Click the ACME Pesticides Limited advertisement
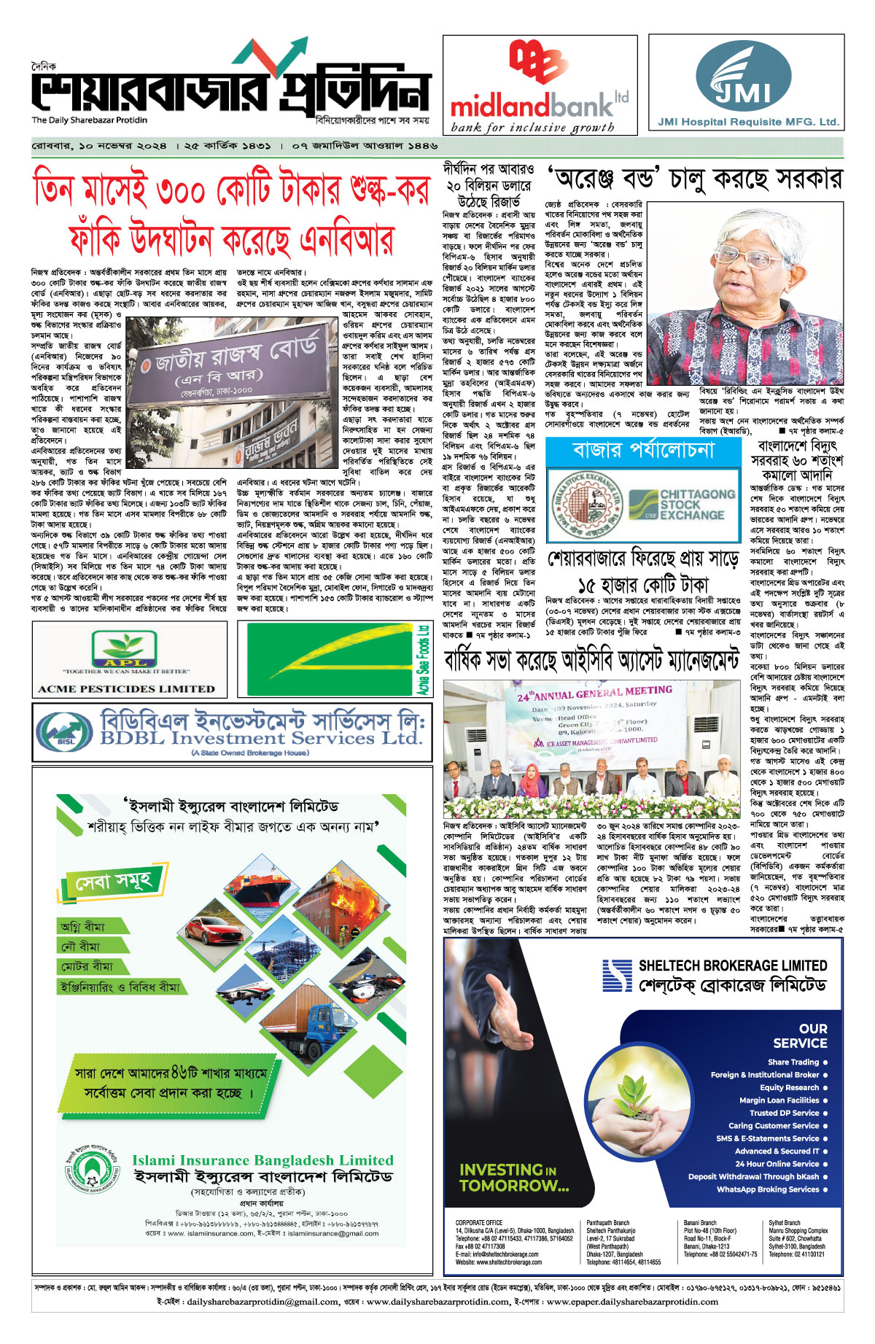click(129, 659)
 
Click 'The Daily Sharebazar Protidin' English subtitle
click(89, 120)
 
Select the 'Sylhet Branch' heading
click(784, 1223)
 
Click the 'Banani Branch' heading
click(700, 1223)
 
